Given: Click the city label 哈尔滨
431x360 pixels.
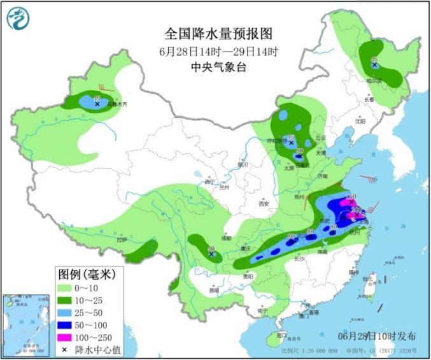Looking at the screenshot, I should coord(374,81).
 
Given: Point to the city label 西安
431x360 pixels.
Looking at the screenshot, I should coord(264,203).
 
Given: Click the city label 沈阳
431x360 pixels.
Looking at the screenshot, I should coord(361,120).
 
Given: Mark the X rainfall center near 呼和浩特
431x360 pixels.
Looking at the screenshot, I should coord(291,143).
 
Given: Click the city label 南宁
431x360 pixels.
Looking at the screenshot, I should coord(262,310).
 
